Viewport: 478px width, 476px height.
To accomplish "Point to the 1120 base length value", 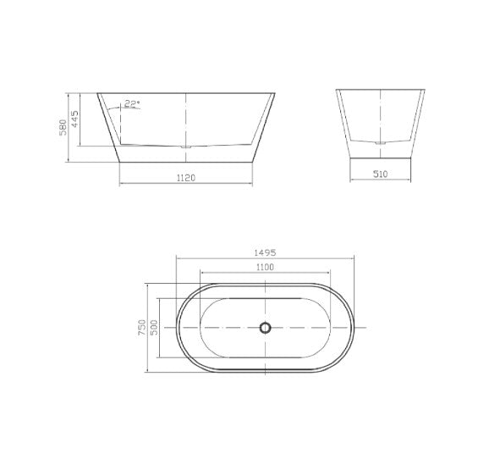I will (185, 177).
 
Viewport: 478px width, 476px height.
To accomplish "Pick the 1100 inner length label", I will (266, 268).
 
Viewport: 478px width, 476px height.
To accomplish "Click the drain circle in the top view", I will (266, 328).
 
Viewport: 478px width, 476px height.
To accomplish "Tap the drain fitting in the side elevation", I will (185, 147).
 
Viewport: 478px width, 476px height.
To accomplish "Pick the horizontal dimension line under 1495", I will (267, 259).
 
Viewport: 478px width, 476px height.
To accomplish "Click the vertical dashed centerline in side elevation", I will (185, 119).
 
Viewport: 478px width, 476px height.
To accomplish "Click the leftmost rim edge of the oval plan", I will (176, 328).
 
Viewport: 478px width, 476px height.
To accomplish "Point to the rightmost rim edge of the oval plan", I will (359, 328).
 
